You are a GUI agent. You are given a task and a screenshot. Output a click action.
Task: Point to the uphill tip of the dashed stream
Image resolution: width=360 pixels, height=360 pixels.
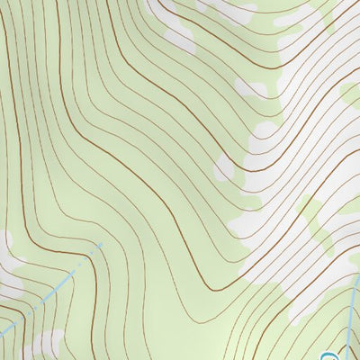coord(103,243)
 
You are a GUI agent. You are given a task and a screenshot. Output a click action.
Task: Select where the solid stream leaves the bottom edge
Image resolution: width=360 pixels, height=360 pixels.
coord(343,359)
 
